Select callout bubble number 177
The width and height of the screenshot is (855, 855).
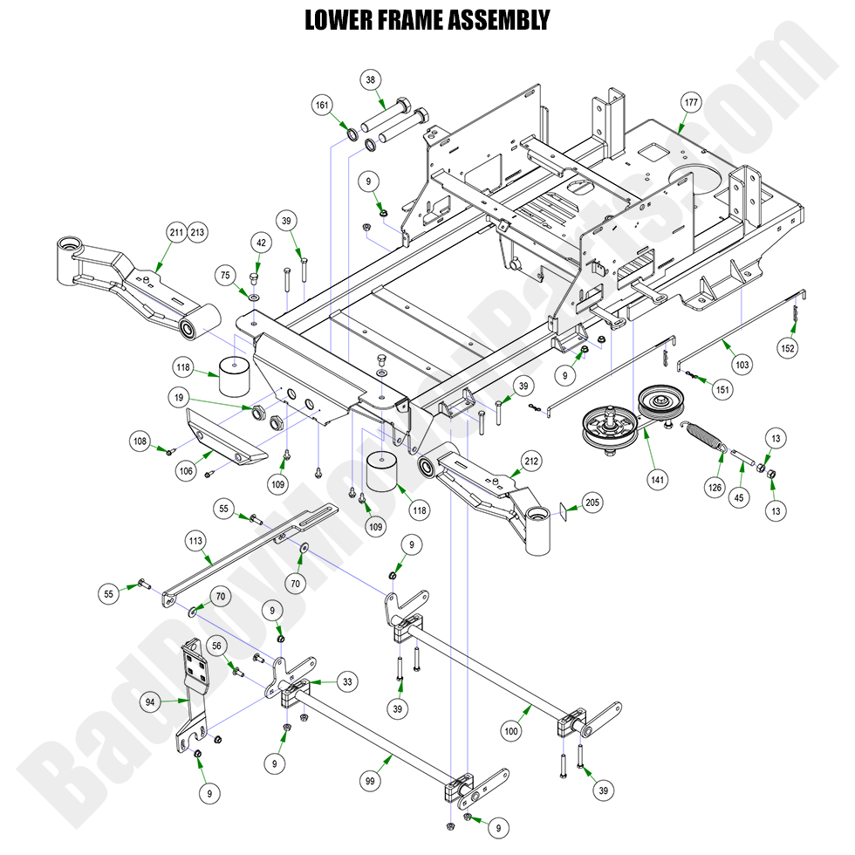pos(691,103)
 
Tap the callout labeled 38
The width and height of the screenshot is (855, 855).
pos(372,79)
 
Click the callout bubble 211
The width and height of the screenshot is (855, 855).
pos(176,232)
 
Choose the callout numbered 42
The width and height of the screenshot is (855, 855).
pos(260,243)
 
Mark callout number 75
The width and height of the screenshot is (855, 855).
pos(225,275)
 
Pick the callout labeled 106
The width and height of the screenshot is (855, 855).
pos(186,472)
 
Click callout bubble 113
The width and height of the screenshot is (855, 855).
pos(195,541)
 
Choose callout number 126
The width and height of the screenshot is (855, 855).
pos(715,488)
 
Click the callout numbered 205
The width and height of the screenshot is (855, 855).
pos(592,503)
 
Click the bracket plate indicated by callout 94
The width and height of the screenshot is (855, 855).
pos(195,689)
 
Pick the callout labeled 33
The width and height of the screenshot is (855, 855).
pos(347,682)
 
